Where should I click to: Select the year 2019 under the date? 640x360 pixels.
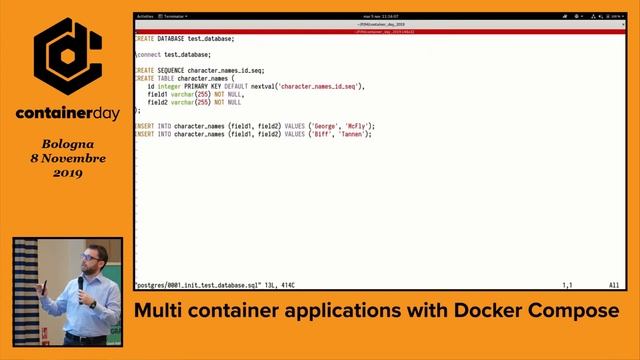69,173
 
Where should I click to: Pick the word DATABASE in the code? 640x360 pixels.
172,39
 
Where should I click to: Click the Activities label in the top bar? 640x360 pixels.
145,17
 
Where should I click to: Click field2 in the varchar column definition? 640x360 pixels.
157,102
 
